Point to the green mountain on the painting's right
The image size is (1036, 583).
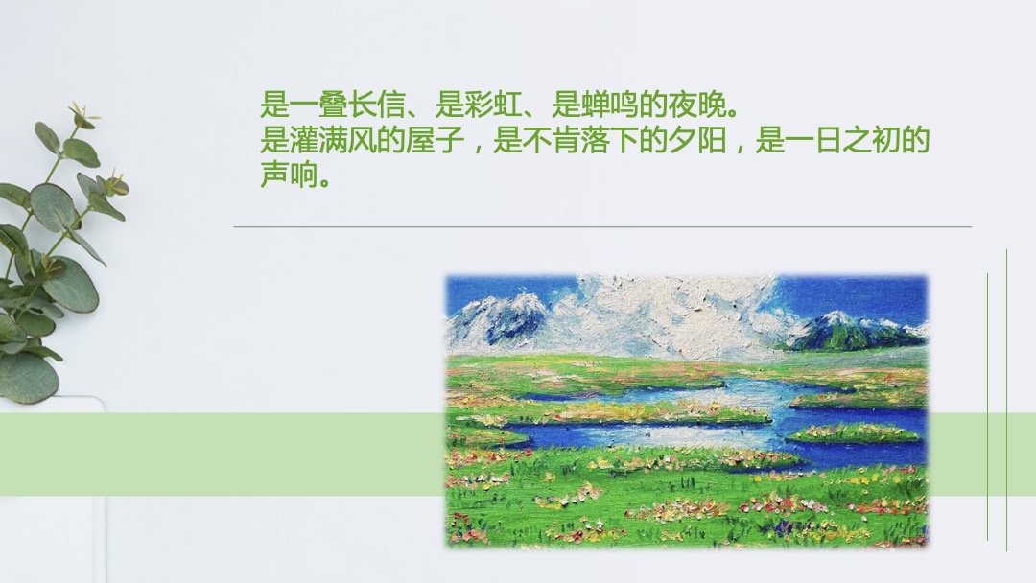click(x=844, y=331)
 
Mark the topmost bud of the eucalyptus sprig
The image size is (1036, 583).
click(x=81, y=113)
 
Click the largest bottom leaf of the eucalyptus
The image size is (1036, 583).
click(x=27, y=377)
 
